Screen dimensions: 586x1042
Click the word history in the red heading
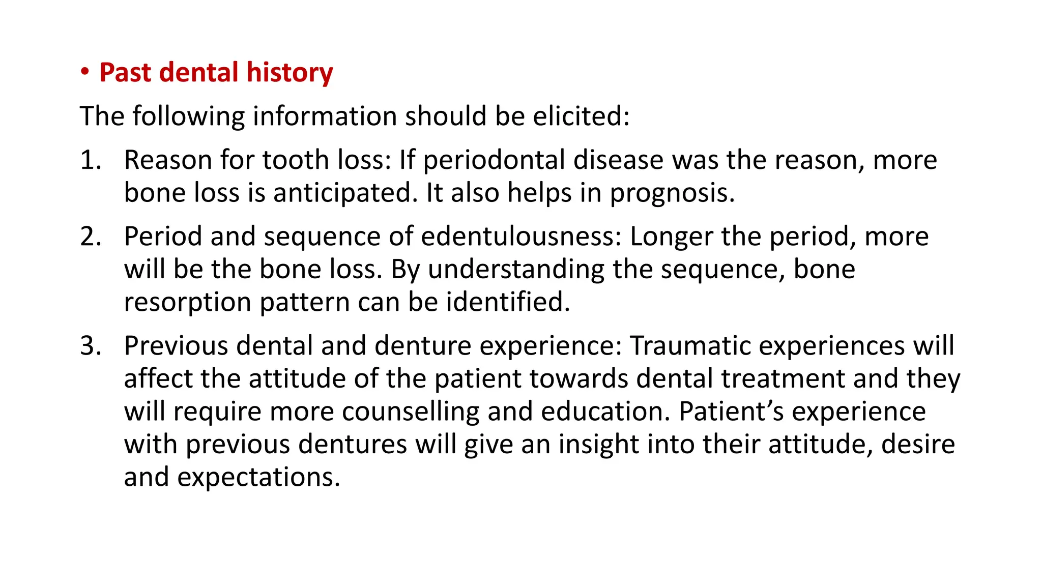point(290,73)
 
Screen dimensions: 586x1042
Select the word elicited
point(581,116)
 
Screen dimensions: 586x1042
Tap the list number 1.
point(90,160)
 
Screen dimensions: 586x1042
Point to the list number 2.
point(90,237)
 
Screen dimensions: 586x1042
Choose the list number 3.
point(90,346)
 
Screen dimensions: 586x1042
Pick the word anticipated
point(345,193)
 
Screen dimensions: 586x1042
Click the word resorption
point(188,303)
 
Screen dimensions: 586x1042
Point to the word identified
point(508,303)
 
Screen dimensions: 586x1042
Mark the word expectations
point(258,477)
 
